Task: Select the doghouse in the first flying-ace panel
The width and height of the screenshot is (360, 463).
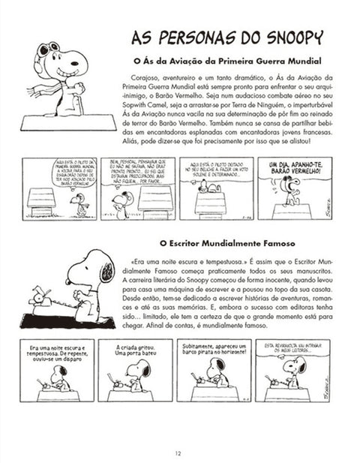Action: click(42, 199)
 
